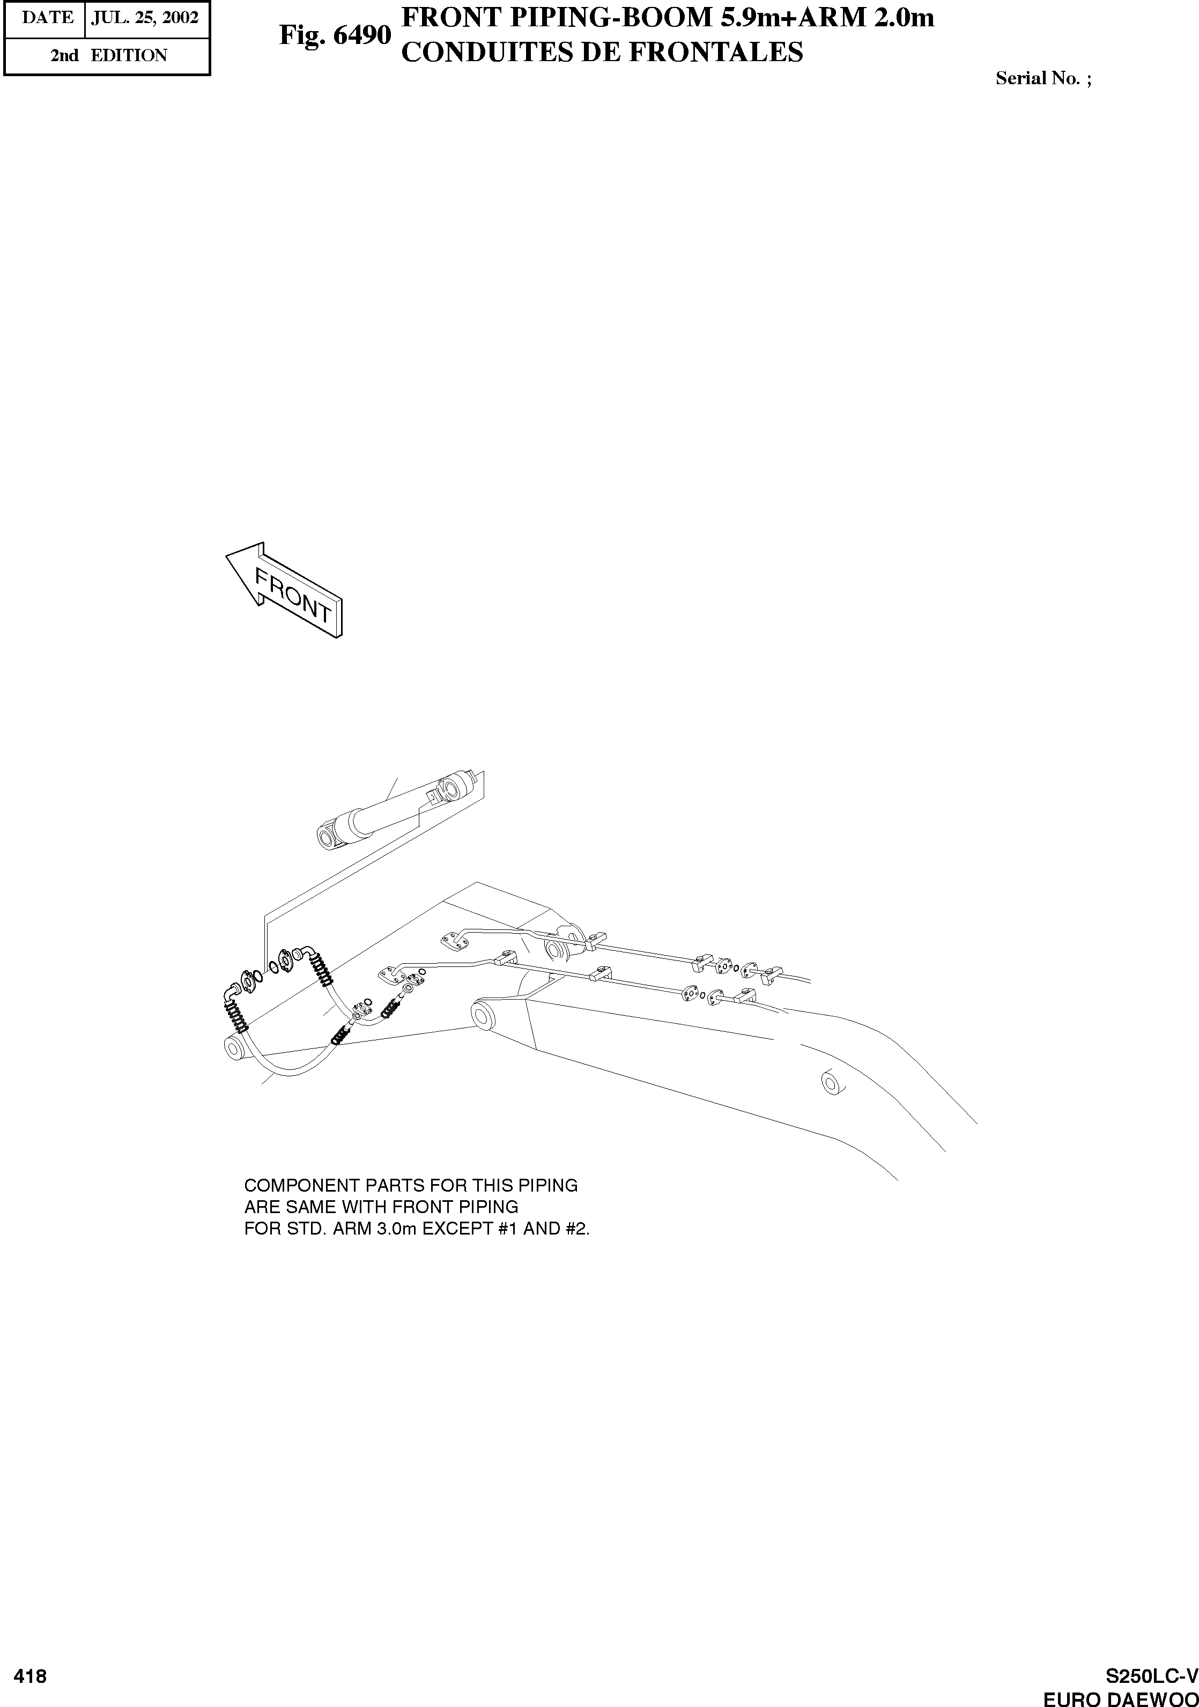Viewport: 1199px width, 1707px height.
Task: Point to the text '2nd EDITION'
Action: pyautogui.click(x=108, y=56)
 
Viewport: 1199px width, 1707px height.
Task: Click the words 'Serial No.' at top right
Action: pyautogui.click(x=1037, y=79)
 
